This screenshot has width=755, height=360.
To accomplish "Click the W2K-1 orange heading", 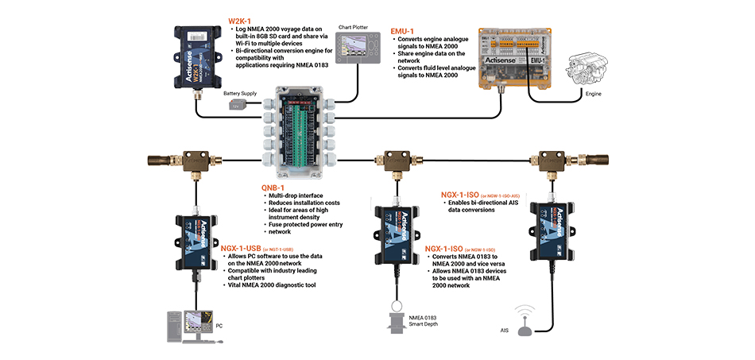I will [241, 20].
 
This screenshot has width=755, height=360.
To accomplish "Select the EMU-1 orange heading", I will [404, 31].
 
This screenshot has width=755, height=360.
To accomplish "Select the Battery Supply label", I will [239, 94].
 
